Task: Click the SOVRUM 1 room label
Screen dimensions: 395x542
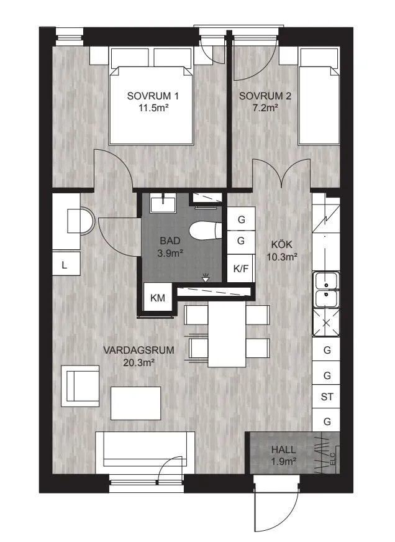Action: tap(153, 96)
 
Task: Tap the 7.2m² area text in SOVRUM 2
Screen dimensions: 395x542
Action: tap(265, 108)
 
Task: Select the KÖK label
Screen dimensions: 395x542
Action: tap(282, 244)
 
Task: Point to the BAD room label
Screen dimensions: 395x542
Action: tap(170, 241)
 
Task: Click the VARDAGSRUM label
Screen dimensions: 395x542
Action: tap(138, 350)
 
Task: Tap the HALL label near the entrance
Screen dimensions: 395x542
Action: tap(283, 450)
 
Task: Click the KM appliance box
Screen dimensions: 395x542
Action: tap(158, 298)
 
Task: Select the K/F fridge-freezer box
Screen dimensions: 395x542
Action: tap(241, 269)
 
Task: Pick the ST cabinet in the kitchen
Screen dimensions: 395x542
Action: tap(327, 397)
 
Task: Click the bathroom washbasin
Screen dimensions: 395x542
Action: tap(163, 203)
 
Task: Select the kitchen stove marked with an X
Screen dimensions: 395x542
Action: tap(326, 323)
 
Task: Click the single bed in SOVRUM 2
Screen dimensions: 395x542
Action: tap(319, 96)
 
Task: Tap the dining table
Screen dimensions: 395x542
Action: tap(227, 336)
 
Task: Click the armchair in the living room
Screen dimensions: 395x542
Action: tap(80, 386)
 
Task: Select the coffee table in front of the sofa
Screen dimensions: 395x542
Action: tap(135, 403)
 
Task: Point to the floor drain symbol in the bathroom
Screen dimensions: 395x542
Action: tap(206, 277)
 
